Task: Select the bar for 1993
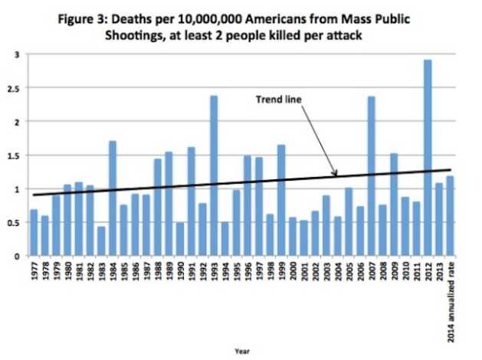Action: [214, 175]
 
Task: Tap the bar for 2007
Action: [371, 175]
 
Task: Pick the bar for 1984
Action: [113, 198]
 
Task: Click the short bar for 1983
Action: [101, 241]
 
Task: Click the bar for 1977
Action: [34, 233]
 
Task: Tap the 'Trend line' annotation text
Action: [277, 100]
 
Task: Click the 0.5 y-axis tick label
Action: [15, 222]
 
